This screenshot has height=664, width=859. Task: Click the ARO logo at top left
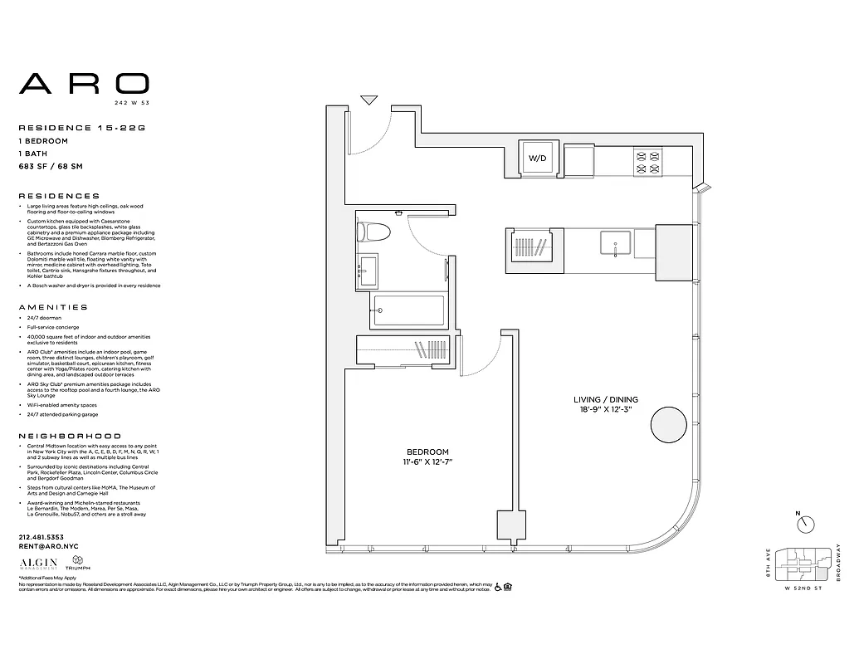coord(84,83)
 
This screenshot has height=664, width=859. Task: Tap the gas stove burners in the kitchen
coord(647,160)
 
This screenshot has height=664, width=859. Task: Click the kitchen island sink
coord(615,245)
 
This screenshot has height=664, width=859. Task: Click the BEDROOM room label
coord(427,452)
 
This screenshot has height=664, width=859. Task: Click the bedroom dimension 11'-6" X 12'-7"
coord(427,462)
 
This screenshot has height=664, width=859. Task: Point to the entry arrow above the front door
coord(369,100)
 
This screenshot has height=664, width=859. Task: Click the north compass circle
coord(805,525)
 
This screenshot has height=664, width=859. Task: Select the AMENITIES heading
coord(53,307)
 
